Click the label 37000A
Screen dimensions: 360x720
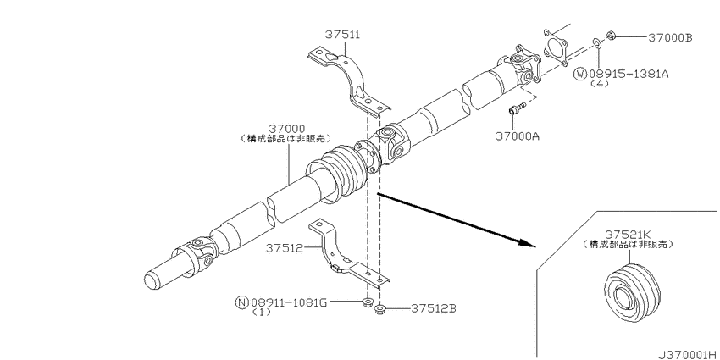(x=518, y=136)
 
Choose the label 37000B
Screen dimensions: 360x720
(x=670, y=37)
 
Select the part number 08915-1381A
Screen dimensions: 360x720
(x=629, y=75)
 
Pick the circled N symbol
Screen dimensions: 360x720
(x=240, y=301)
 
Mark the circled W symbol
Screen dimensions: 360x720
(x=580, y=75)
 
